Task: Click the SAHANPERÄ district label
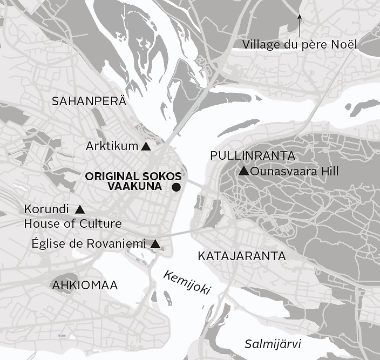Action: (x=89, y=100)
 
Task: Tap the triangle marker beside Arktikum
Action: (x=145, y=146)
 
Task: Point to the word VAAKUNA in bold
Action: (x=135, y=186)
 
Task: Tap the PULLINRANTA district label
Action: (x=253, y=155)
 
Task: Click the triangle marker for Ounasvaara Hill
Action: (x=243, y=172)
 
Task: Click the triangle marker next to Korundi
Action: (x=80, y=209)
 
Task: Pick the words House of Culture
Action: (x=73, y=223)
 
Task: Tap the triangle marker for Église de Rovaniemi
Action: (x=155, y=244)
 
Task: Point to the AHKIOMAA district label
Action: (x=84, y=286)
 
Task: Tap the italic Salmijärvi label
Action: (x=272, y=344)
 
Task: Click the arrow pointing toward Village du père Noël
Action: (x=300, y=25)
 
